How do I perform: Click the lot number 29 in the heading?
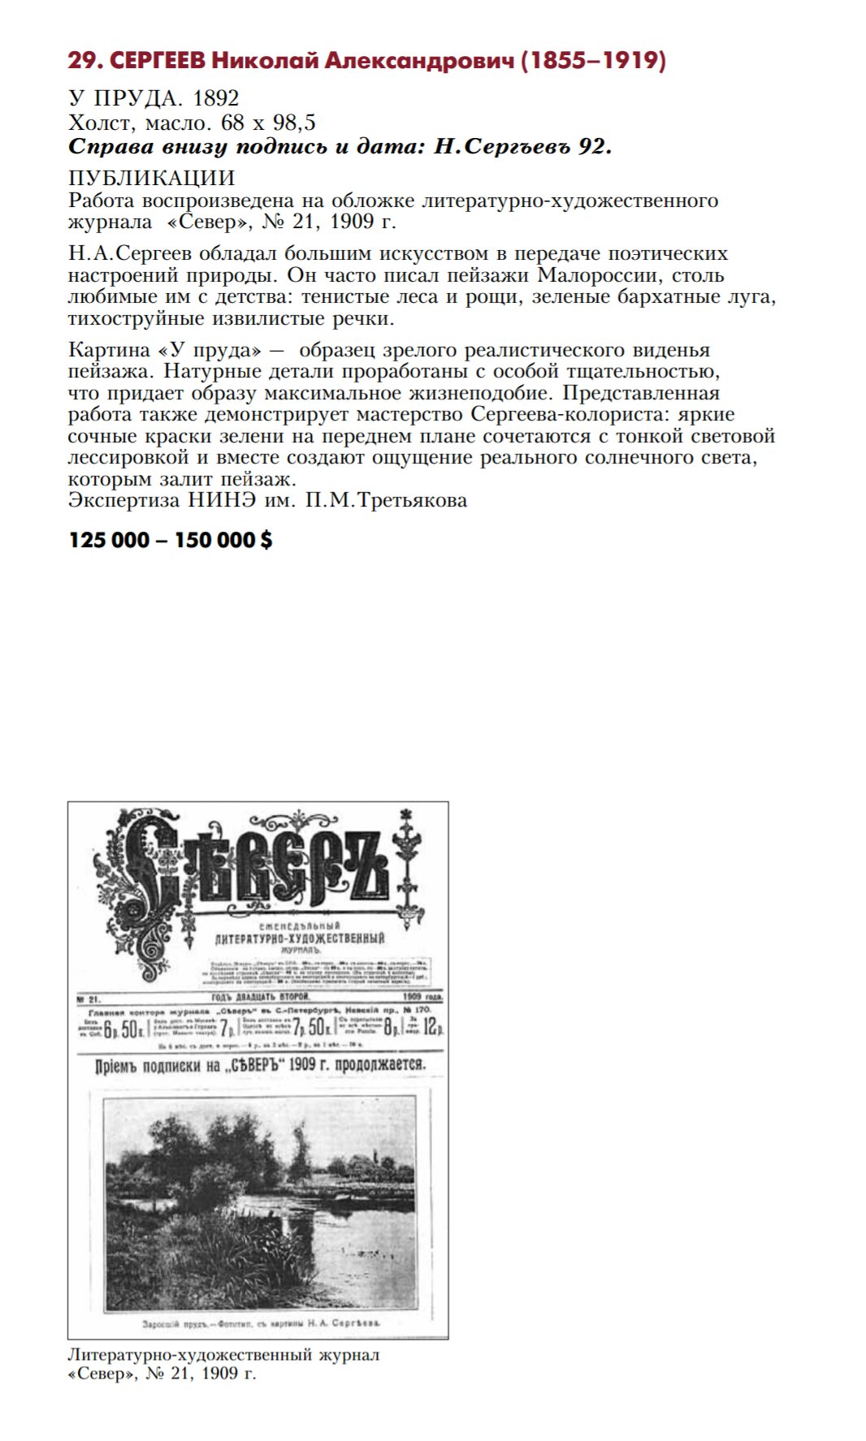pyautogui.click(x=84, y=61)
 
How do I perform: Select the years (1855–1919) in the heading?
pyautogui.click(x=593, y=61)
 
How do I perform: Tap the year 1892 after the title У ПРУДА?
pyautogui.click(x=215, y=98)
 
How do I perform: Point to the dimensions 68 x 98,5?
pyautogui.click(x=268, y=123)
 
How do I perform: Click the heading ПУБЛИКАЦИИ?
pyautogui.click(x=152, y=178)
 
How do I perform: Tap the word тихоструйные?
pyautogui.click(x=136, y=318)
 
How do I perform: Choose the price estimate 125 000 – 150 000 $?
pyautogui.click(x=171, y=540)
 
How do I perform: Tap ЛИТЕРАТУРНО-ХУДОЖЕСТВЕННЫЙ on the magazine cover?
pyautogui.click(x=299, y=938)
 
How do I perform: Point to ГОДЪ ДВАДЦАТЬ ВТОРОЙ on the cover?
pyautogui.click(x=260, y=997)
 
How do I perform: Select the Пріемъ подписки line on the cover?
pyautogui.click(x=260, y=1064)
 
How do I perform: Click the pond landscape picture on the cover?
pyautogui.click(x=260, y=1202)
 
